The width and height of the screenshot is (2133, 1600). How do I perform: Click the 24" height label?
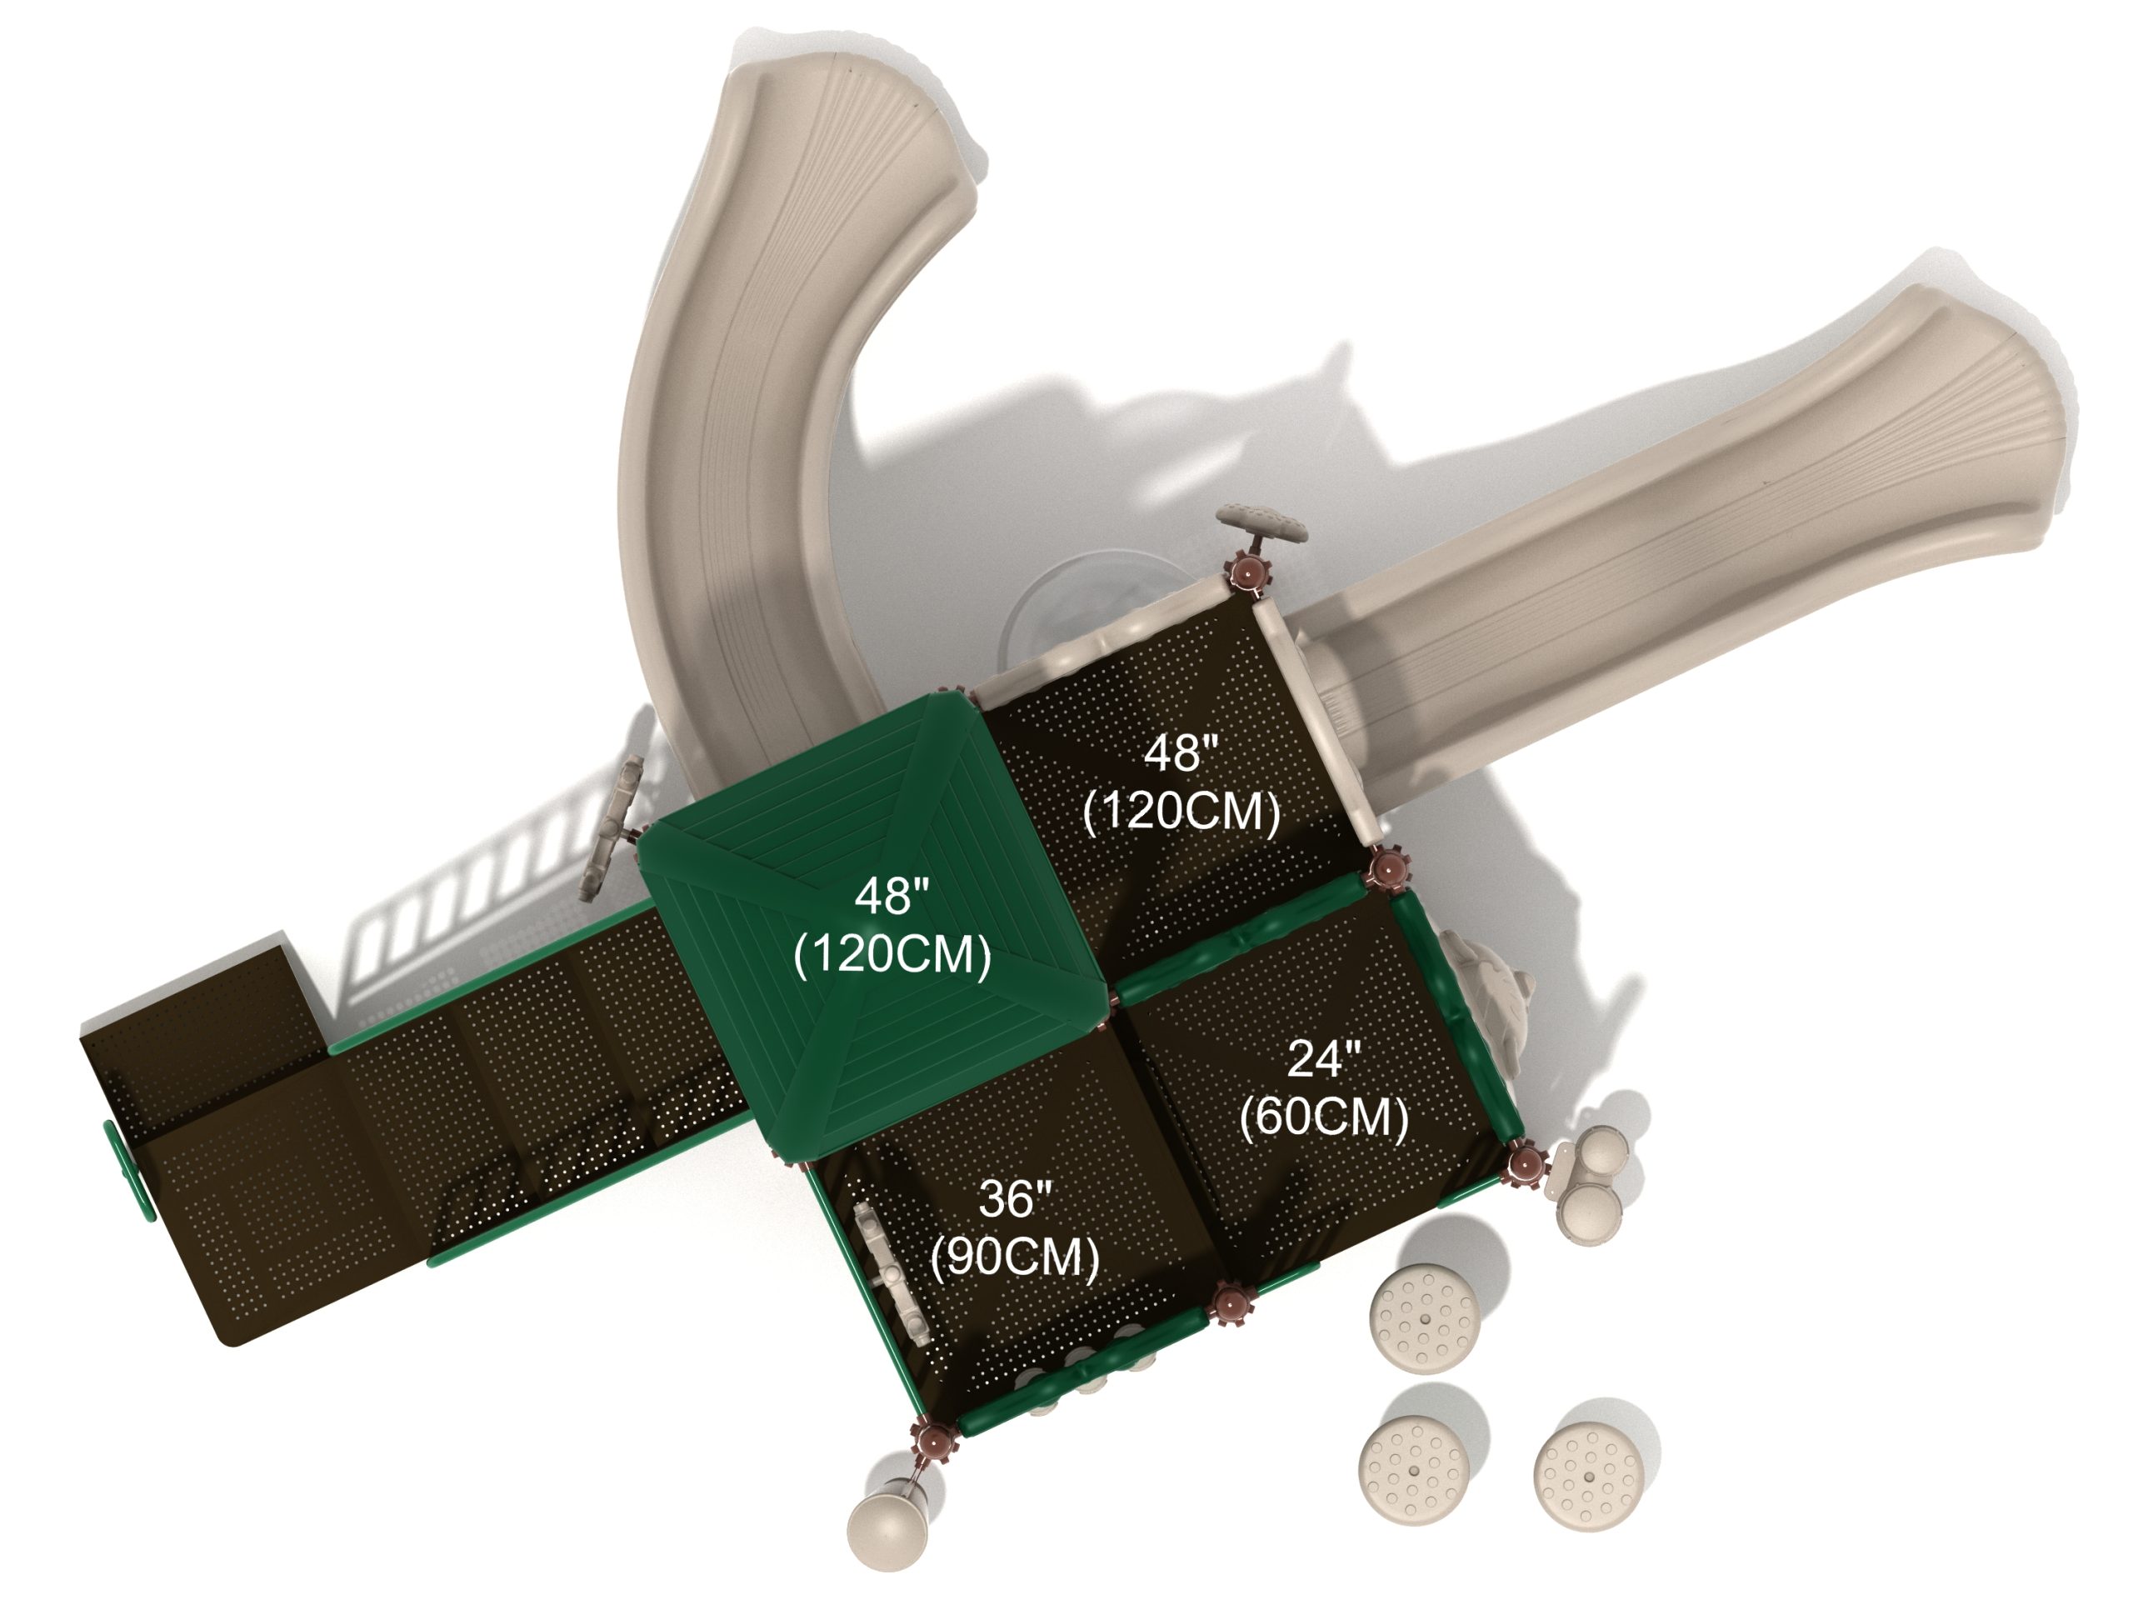pos(1324,1060)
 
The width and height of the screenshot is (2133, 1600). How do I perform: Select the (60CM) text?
pos(1324,1117)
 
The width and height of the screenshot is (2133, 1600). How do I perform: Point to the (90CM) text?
pos(1015,1257)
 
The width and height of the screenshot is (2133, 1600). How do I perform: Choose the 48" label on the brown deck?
pos(1181,753)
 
